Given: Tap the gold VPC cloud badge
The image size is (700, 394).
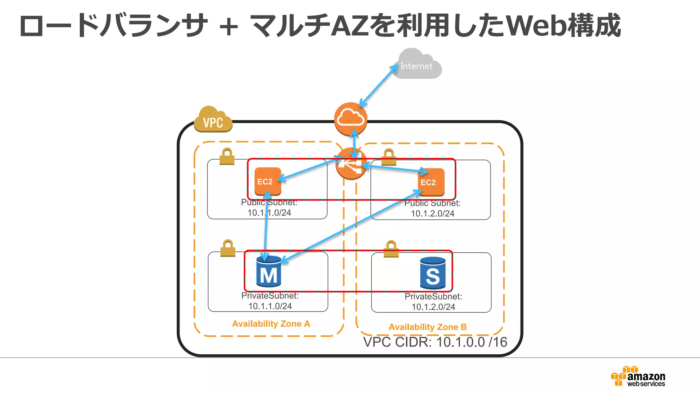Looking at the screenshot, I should point(213,120).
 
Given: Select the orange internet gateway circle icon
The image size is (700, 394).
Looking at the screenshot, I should point(351,118).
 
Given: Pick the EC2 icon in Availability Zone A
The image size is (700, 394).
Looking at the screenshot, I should point(268,181).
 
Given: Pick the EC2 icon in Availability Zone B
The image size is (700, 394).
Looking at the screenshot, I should point(431,182).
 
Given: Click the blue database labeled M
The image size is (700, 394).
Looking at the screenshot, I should point(269,272).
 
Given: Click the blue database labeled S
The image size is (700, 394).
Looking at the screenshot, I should point(433,273).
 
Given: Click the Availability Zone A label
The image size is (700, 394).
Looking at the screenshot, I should point(271,324).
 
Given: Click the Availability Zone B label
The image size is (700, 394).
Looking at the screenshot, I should point(427,327).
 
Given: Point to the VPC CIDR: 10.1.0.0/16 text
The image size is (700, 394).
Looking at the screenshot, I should point(435,342).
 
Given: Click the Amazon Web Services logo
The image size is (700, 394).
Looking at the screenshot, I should point(638,376).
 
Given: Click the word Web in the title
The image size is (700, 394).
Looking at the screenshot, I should point(535,26).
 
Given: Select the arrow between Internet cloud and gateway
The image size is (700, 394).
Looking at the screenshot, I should point(378,86).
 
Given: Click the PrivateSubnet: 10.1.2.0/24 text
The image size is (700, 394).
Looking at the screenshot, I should point(433,301).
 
